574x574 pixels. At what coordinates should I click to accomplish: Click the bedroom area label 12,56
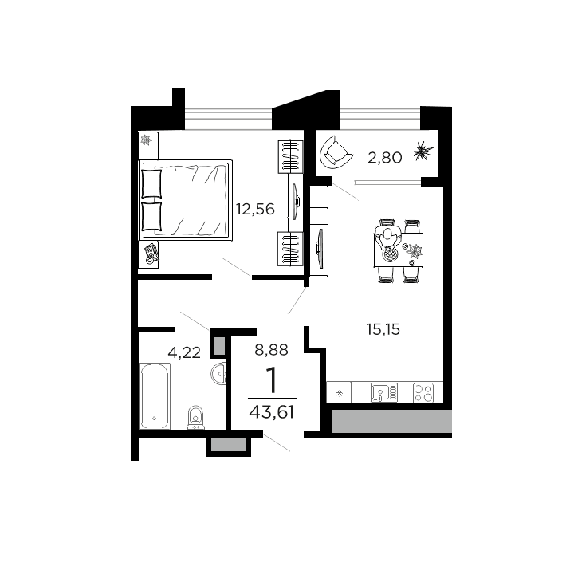(255, 210)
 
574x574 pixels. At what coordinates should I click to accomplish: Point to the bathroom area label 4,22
(183, 352)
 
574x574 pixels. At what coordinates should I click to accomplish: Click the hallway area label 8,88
(271, 348)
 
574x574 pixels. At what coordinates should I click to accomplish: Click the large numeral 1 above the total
(271, 382)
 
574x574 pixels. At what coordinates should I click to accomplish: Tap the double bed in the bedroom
(185, 200)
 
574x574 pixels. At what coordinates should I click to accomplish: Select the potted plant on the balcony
(423, 151)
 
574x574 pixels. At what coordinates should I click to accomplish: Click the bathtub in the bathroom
(154, 395)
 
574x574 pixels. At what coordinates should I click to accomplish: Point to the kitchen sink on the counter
(383, 391)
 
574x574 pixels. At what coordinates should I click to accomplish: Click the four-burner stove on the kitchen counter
(423, 392)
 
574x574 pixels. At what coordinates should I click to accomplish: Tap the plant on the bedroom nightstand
(146, 141)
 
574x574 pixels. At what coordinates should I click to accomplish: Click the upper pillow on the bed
(151, 184)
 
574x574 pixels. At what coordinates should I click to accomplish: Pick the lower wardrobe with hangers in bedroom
(291, 250)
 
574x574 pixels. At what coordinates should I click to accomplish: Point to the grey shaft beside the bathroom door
(218, 344)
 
